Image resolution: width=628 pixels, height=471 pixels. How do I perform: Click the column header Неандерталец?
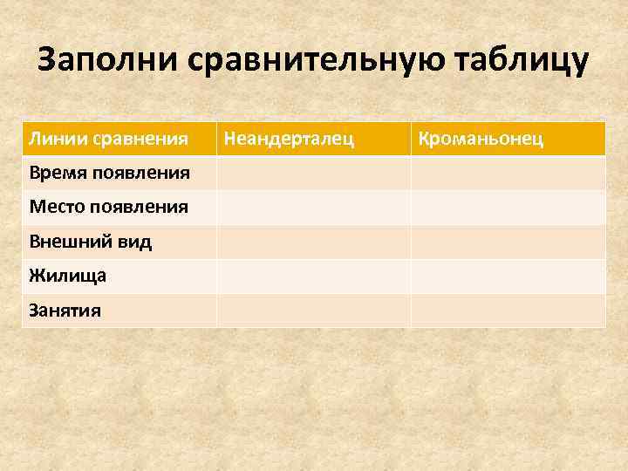click(x=290, y=139)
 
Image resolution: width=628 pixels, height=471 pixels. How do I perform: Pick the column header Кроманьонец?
click(x=481, y=139)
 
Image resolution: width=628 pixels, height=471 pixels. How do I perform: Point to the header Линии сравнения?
click(x=109, y=139)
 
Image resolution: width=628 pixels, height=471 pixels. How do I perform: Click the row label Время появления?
click(x=109, y=173)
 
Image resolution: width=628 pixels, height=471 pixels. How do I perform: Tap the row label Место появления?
click(x=108, y=208)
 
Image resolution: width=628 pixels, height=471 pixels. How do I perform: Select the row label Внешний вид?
click(x=91, y=242)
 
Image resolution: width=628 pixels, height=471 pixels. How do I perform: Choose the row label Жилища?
click(x=68, y=276)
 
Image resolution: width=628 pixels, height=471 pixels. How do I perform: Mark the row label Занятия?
click(x=65, y=311)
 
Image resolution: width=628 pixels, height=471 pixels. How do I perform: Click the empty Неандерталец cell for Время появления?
click(x=313, y=173)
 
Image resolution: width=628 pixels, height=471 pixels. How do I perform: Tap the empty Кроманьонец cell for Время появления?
click(x=508, y=173)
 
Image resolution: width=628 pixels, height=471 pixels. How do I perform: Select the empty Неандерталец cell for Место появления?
click(x=313, y=208)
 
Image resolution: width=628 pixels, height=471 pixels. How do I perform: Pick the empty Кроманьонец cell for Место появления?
click(x=508, y=208)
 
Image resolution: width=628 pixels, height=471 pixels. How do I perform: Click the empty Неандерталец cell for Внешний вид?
click(x=313, y=242)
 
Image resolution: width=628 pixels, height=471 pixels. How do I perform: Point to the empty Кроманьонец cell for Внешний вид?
click(x=508, y=242)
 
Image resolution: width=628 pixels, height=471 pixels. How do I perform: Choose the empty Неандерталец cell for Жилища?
click(x=313, y=276)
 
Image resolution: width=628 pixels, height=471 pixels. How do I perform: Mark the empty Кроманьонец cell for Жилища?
click(x=508, y=276)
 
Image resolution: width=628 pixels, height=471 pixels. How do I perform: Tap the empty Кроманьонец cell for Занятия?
click(x=508, y=311)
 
